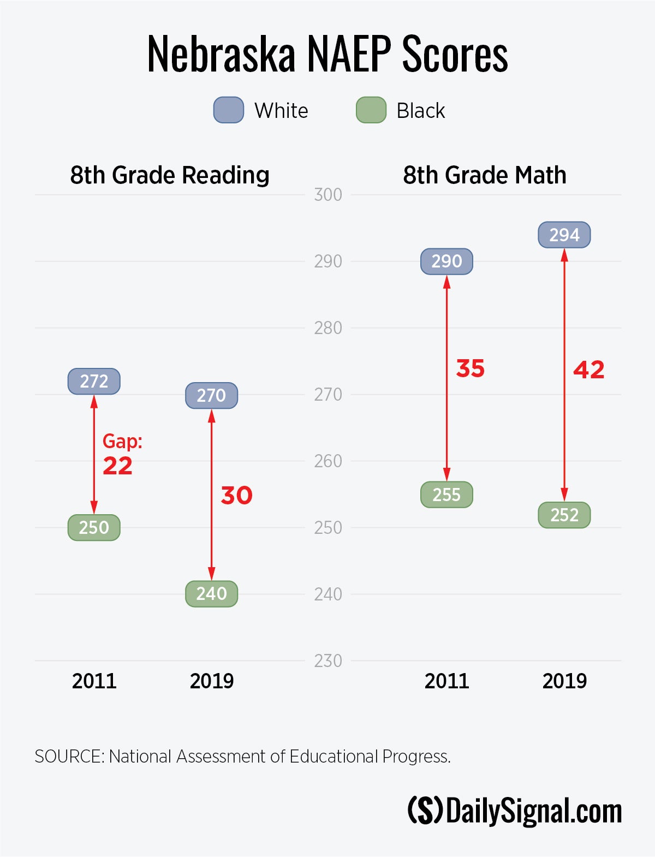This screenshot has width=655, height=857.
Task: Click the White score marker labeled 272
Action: point(94,381)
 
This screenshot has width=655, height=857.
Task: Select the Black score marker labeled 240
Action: point(211,593)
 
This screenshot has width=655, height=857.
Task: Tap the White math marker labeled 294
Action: point(564,235)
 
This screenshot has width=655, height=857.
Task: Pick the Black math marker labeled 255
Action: point(446,495)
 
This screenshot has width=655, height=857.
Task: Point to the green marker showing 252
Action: point(564,515)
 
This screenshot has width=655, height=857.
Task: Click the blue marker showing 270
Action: point(211,395)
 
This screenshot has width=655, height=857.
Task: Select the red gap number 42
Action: point(588,370)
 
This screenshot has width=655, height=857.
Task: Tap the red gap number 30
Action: point(236,496)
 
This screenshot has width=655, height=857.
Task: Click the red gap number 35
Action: point(470,369)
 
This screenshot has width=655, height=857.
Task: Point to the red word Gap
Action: point(122,441)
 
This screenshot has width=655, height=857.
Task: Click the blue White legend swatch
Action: point(228,110)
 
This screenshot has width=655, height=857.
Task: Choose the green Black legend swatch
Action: point(371,110)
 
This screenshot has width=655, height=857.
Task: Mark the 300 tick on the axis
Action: point(328,195)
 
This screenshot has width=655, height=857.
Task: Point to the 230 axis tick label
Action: point(328,661)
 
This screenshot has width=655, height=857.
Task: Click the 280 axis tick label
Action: point(328,328)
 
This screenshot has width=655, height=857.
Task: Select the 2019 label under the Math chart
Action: point(564,681)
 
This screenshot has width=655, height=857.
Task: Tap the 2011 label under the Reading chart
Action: point(94,681)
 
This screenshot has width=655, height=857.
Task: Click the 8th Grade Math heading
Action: point(485,175)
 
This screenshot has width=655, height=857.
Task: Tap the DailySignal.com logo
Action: point(515,811)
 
